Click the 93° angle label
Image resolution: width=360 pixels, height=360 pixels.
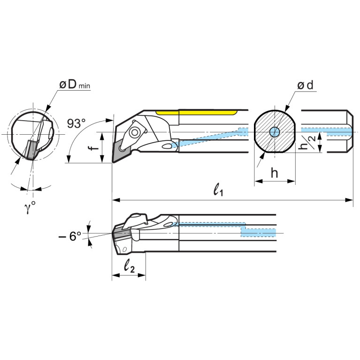pos(77,124)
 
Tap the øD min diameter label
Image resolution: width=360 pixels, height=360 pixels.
pos(75,84)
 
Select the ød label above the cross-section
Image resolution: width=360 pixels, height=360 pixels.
pos(306,85)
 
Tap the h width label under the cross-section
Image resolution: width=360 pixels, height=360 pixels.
pos(275,173)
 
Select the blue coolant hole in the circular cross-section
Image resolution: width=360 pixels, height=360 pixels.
pos(274,132)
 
